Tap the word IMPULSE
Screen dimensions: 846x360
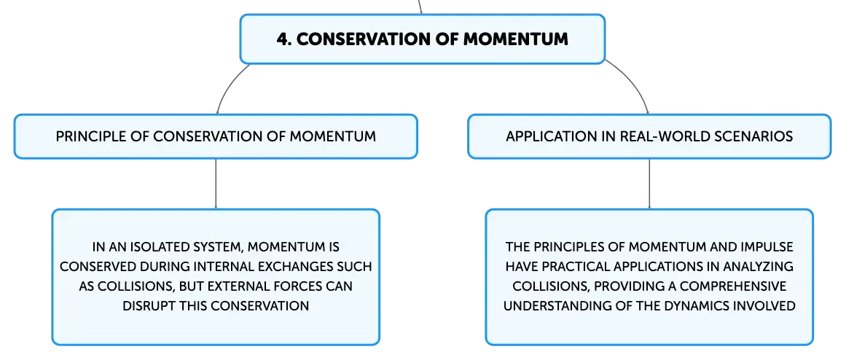tap(766, 247)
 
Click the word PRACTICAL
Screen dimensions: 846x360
tap(569, 267)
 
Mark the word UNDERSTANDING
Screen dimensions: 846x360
tap(550, 305)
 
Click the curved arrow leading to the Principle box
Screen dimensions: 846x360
tap(226, 86)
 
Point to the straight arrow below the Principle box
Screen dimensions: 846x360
tap(216, 184)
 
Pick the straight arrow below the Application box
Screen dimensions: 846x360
tap(649, 184)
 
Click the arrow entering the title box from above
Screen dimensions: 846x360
tap(420, 7)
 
